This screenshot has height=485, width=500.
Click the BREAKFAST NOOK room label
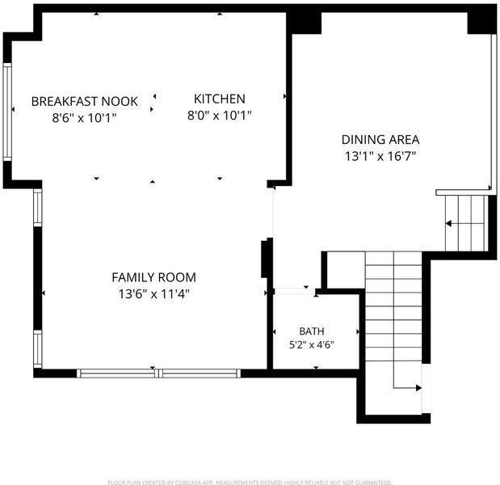click(x=85, y=102)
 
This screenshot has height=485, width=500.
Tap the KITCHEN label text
click(x=220, y=99)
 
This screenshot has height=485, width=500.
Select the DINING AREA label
click(x=380, y=140)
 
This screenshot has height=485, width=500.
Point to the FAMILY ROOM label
click(x=153, y=277)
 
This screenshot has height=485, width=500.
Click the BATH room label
click(x=312, y=331)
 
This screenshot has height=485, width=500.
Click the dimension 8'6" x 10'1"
click(x=85, y=118)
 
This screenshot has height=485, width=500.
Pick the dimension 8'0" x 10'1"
click(x=220, y=116)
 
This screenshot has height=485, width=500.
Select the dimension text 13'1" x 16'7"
click(x=380, y=156)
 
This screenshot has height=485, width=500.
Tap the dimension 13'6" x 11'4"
click(x=153, y=294)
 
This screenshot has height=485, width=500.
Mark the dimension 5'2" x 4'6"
click(x=312, y=345)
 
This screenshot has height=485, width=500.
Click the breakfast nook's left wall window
click(x=7, y=112)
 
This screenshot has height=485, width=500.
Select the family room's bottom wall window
click(x=158, y=373)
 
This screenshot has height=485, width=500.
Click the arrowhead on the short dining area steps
click(x=448, y=223)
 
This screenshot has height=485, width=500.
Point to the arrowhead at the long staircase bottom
click(x=418, y=388)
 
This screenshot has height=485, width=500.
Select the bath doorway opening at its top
click(x=295, y=291)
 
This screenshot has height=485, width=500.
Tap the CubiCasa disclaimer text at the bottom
click(x=250, y=482)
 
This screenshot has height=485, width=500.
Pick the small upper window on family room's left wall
click(x=38, y=208)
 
